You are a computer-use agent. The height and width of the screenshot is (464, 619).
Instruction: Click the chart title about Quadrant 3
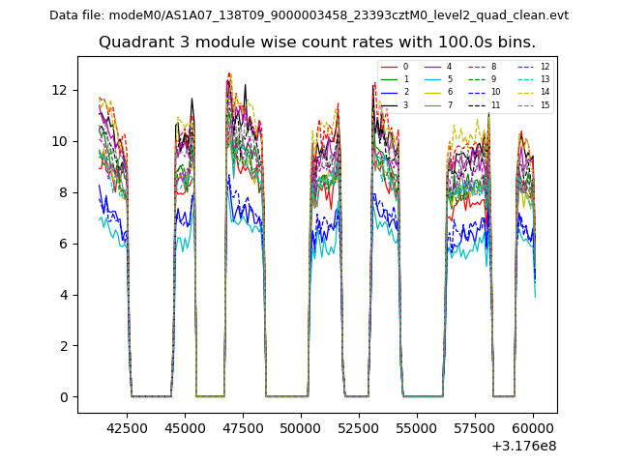316,43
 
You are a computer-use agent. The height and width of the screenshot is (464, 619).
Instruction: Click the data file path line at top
309,15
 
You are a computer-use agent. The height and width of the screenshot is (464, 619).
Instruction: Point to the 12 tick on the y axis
61,90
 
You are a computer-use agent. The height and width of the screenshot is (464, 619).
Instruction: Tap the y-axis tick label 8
65,192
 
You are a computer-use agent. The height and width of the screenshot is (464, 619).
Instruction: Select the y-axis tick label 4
65,295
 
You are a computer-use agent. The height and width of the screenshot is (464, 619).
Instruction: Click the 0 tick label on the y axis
65,397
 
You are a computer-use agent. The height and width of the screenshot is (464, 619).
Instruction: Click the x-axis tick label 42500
125,427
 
